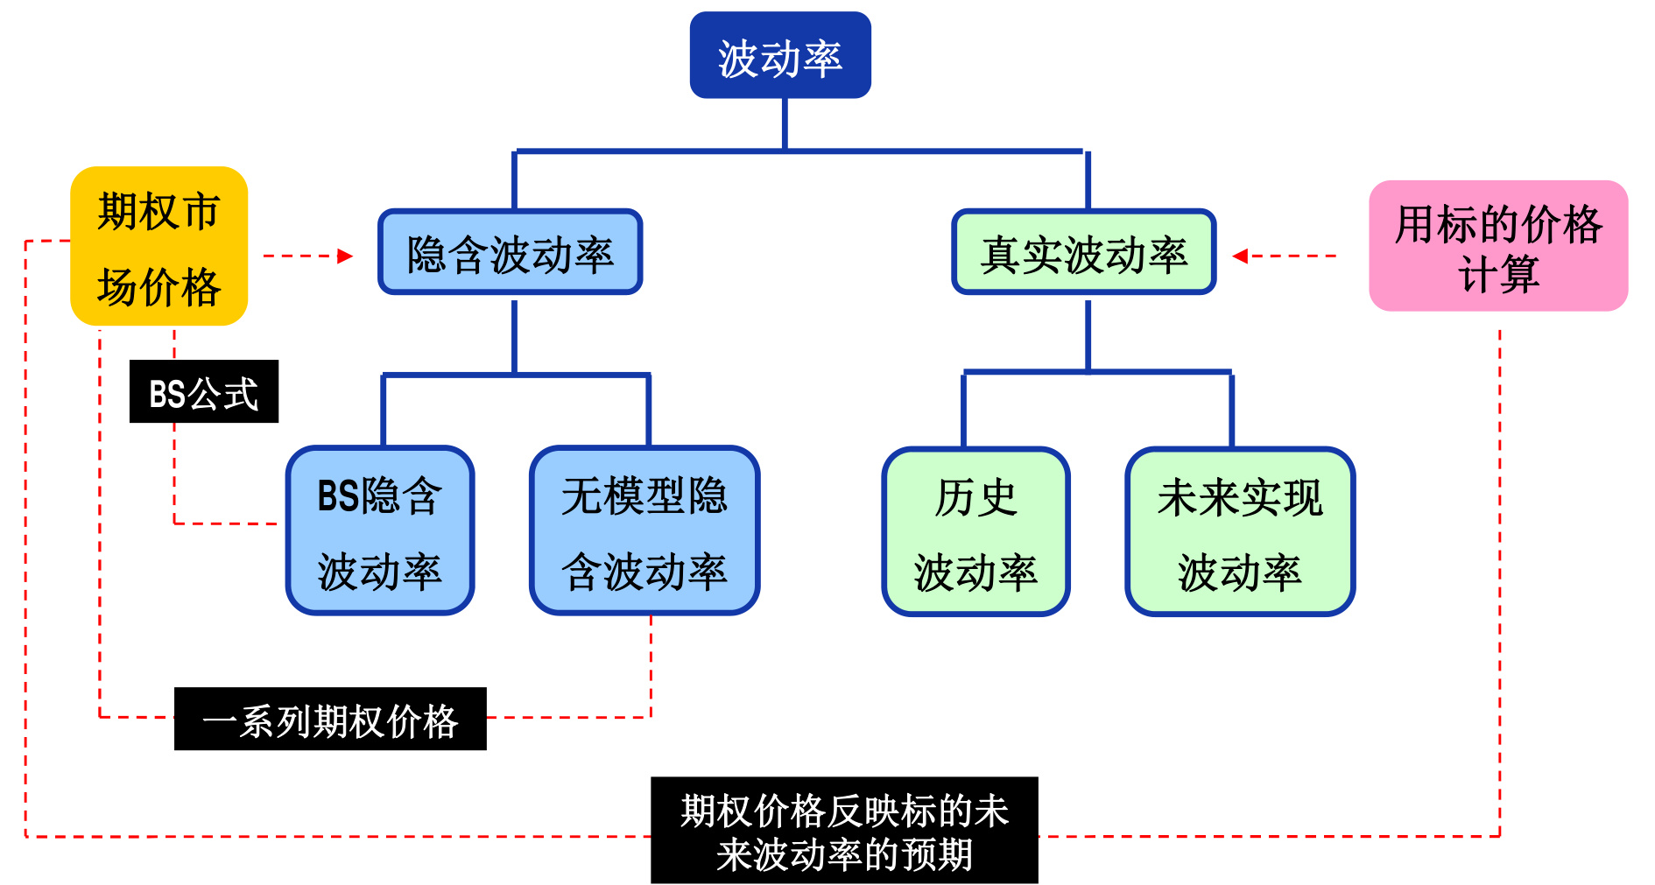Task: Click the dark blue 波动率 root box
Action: point(779,55)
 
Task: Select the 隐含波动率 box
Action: point(510,252)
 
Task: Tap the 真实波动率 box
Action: point(1083,252)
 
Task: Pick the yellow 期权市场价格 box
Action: point(158,246)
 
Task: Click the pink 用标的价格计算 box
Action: point(1497,246)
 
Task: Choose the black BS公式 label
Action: point(203,391)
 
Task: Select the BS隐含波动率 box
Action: point(379,530)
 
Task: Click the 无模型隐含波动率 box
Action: point(644,530)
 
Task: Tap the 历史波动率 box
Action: point(975,531)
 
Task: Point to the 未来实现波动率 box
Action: point(1239,531)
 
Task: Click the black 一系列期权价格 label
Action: point(329,719)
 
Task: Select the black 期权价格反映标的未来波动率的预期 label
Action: point(843,830)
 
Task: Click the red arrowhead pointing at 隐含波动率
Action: point(346,256)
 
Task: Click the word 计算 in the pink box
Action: point(1497,275)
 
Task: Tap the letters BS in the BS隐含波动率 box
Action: point(338,496)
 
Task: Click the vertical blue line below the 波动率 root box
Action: point(785,123)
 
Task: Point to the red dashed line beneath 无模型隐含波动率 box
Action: point(651,665)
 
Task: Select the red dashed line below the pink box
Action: point(1499,569)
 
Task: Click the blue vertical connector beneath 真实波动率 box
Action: point(1088,334)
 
